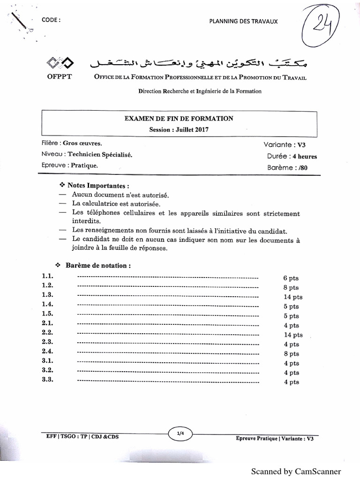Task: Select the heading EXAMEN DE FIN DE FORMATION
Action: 179,119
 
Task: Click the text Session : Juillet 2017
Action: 179,129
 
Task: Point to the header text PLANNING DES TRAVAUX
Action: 243,21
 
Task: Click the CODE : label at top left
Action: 51,20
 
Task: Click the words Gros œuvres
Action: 82,143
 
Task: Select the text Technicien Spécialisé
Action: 100,154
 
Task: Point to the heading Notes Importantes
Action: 98,185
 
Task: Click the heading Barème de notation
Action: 98,265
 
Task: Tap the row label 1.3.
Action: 47,295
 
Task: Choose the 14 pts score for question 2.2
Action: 293,335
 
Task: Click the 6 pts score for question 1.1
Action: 291,278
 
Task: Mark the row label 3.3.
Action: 47,380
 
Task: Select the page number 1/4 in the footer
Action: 180,434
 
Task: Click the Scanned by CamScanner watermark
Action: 296,471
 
